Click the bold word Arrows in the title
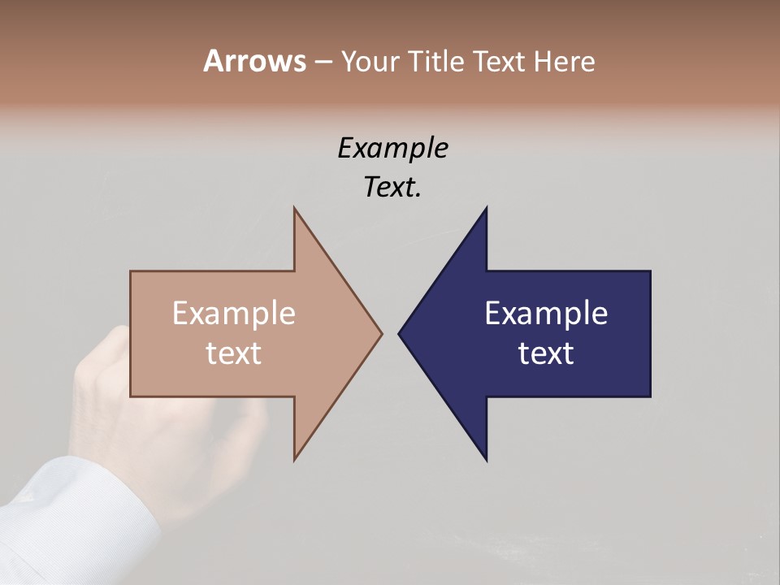tap(253, 61)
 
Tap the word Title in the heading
tap(437, 62)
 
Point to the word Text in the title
tap(500, 62)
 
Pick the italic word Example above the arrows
tap(393, 149)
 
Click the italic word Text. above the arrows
tap(393, 188)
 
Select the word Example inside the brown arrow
tap(234, 314)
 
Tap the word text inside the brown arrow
tap(234, 353)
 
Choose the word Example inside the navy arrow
tap(546, 314)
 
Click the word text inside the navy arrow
tap(546, 353)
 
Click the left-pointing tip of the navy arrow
tap(400, 333)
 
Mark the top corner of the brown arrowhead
tap(295, 209)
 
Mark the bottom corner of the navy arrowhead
tap(486, 459)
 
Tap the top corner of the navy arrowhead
tap(486, 209)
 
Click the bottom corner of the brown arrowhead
tap(295, 459)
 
